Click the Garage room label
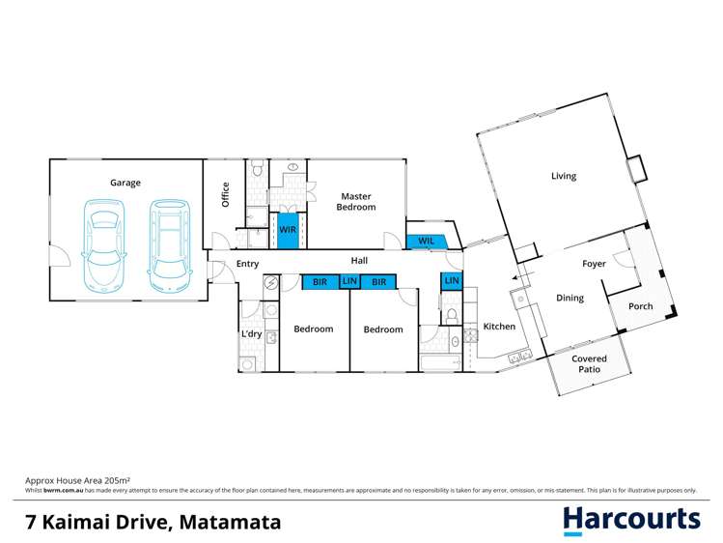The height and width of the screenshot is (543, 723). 125,183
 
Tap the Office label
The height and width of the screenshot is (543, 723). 226,194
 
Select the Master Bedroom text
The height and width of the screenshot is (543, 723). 355,202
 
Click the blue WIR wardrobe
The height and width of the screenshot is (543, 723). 288,230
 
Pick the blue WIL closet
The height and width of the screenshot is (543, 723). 426,242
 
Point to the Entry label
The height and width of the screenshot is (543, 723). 247,264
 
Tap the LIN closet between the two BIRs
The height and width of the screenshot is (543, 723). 349,282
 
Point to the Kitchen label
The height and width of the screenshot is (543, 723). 499,327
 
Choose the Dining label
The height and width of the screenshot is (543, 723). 570,298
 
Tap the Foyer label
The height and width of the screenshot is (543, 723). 594,264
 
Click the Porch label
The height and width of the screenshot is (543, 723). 640,306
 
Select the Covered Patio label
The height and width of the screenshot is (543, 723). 589,364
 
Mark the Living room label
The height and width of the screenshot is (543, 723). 564,176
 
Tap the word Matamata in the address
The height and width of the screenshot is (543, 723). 229,522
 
